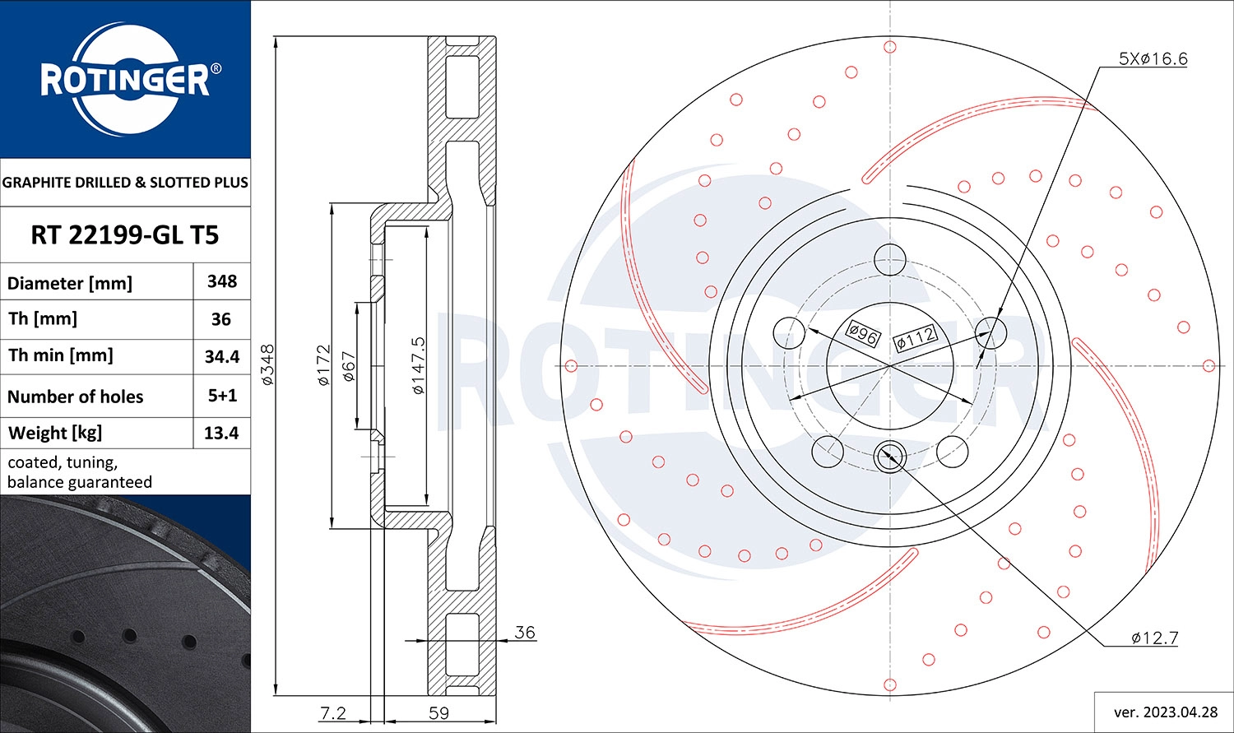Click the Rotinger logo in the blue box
click(125, 80)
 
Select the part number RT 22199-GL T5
click(125, 235)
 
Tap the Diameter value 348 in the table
click(222, 281)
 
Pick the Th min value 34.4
click(222, 356)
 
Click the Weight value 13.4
click(222, 433)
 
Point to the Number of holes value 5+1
click(222, 396)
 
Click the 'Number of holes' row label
click(76, 397)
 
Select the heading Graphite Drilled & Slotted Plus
click(125, 183)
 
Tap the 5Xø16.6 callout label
click(1153, 58)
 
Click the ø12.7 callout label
click(1154, 638)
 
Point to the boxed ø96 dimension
click(863, 333)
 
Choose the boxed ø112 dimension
click(915, 336)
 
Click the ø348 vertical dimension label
click(267, 364)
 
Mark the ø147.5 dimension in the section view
click(418, 364)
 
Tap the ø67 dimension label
click(348, 366)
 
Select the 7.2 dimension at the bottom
click(332, 712)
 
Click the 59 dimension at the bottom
click(438, 712)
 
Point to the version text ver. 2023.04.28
click(1163, 712)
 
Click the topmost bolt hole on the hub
click(889, 260)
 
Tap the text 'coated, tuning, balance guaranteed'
click(80, 472)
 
